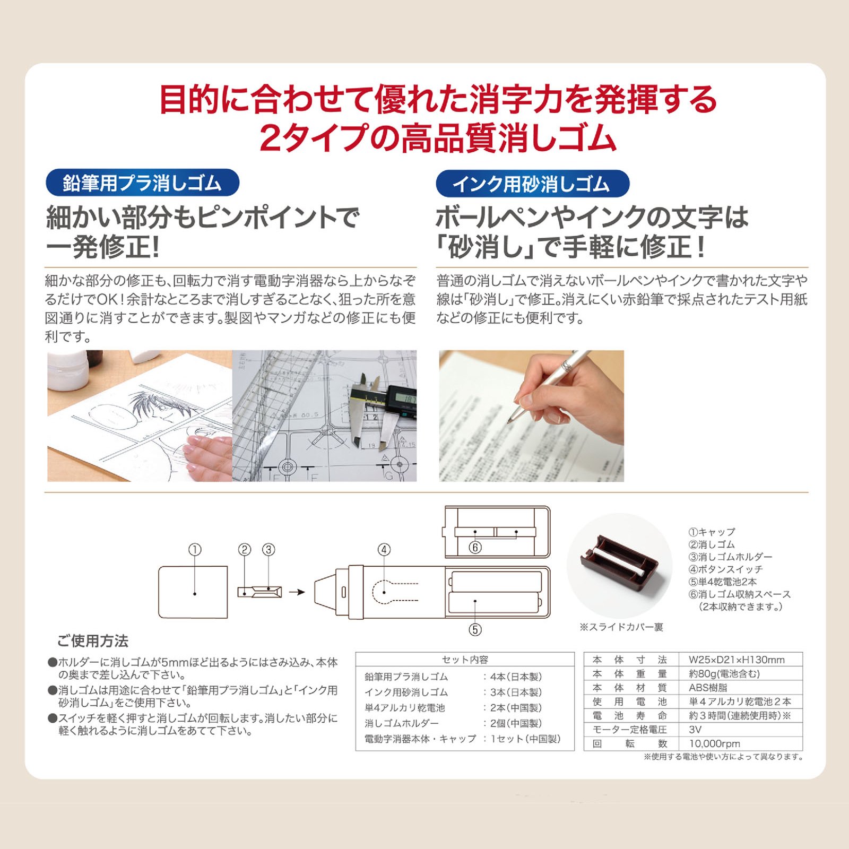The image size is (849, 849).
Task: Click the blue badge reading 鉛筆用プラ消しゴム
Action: click(x=143, y=183)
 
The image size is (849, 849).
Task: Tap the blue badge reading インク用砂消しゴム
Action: click(x=532, y=184)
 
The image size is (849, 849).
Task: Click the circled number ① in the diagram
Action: click(x=195, y=550)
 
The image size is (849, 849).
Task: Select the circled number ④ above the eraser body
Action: click(x=384, y=550)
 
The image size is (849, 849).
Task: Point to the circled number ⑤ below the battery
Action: click(x=475, y=630)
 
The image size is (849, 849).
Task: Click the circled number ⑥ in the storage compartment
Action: click(x=475, y=547)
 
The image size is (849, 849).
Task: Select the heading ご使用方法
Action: click(x=93, y=642)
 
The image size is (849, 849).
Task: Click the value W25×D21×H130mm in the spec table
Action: click(x=737, y=660)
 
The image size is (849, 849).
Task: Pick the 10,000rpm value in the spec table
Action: click(x=714, y=744)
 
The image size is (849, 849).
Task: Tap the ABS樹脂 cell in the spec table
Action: click(x=708, y=688)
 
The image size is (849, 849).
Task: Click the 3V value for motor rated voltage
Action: click(x=695, y=730)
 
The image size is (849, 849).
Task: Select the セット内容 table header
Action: click(x=465, y=660)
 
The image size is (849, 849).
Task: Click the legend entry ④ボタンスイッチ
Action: click(x=725, y=569)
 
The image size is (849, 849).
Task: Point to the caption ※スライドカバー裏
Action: click(x=621, y=627)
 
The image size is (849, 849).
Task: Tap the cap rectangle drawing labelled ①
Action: click(x=193, y=592)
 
